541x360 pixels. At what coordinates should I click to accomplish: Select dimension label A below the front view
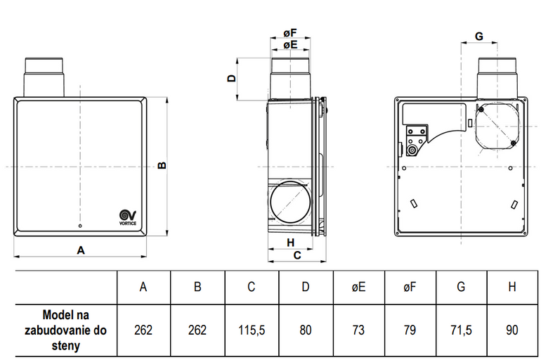81,249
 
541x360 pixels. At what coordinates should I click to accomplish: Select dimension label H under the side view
291,242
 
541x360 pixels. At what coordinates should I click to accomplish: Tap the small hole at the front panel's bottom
81,226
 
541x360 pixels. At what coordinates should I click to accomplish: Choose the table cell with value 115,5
252,329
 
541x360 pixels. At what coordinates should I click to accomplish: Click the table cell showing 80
306,329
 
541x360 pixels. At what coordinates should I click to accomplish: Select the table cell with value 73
359,329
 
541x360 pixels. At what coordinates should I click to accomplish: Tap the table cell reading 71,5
462,329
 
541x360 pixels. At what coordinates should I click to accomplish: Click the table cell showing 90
512,329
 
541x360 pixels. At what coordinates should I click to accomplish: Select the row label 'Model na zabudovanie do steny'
66,329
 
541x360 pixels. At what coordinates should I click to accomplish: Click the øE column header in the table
359,287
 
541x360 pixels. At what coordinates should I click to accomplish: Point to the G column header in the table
462,287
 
